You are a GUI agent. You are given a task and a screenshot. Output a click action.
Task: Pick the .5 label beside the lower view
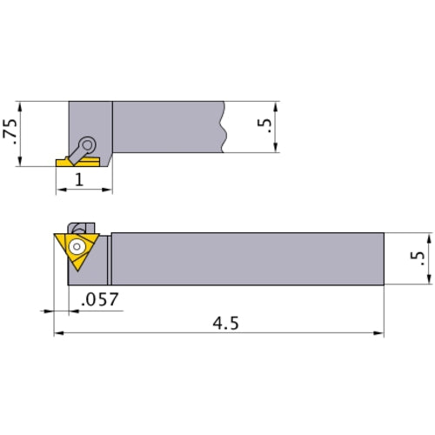[x=419, y=258]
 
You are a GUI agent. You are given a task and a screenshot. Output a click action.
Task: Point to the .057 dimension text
[x=98, y=300]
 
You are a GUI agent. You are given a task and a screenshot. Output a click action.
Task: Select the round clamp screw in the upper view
[x=87, y=144]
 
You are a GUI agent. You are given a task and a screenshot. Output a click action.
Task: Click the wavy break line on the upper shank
[x=225, y=126]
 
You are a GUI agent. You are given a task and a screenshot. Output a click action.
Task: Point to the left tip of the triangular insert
[x=56, y=234]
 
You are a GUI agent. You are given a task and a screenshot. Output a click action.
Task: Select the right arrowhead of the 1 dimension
[x=110, y=189]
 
